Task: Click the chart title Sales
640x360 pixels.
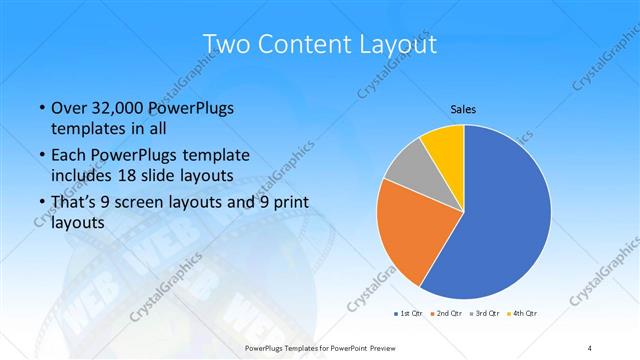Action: [x=463, y=109]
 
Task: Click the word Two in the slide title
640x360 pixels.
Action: [x=224, y=44]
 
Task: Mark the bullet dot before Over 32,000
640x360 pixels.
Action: [x=40, y=108]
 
